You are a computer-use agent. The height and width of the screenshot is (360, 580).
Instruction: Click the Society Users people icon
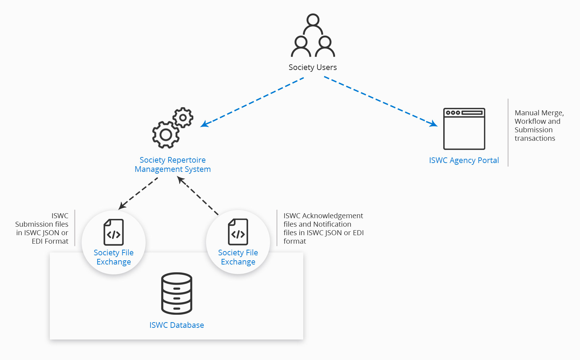coord(313,36)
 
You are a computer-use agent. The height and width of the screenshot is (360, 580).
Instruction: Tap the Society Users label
coord(313,67)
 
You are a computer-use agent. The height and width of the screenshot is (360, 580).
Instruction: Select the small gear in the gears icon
coord(183,117)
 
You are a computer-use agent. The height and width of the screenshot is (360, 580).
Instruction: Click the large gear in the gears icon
coord(165,134)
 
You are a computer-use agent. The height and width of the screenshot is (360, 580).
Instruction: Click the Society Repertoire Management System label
coord(172,164)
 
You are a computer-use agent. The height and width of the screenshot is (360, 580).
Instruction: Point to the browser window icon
coord(464,129)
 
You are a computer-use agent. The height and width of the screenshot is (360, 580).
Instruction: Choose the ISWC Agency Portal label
coord(464,160)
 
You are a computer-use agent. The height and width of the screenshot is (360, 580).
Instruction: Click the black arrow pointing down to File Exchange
coord(138,193)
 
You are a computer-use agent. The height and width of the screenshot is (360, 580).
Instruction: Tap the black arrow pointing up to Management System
coord(198,196)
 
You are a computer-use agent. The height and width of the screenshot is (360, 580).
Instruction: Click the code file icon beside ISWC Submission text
coord(113,232)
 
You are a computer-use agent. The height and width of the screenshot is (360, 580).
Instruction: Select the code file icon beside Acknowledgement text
coord(238,232)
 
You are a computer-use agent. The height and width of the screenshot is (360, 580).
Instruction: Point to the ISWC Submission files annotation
coord(42,228)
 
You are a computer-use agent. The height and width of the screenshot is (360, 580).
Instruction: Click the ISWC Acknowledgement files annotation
coord(323,228)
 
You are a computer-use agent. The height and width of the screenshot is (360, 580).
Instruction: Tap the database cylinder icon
coord(176,294)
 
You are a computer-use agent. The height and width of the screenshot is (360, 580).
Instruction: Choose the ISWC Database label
coord(176,325)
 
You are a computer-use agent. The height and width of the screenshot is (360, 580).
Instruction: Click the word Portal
coord(488,160)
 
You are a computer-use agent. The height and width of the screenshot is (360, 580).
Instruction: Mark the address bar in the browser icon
coord(472,113)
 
